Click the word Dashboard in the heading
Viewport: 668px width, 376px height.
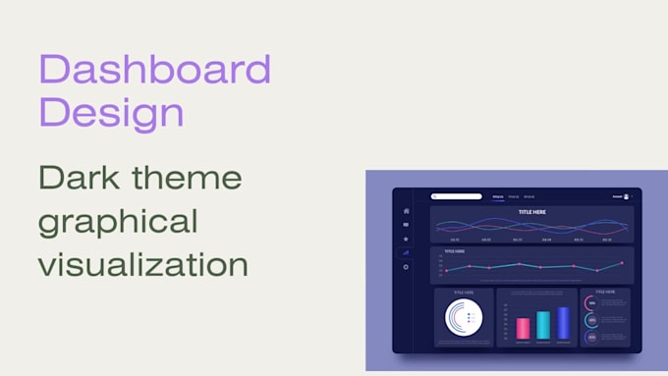coord(154,70)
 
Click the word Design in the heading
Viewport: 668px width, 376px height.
coord(111,112)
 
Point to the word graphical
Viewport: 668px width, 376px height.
coord(118,221)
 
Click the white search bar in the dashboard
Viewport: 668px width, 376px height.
coord(457,196)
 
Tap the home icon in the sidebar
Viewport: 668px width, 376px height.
coord(406,211)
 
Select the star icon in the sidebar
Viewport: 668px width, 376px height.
coord(406,239)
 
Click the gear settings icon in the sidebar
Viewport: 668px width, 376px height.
coord(406,267)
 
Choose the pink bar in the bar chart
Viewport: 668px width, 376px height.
coord(524,329)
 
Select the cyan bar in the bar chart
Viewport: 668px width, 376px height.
coord(543,325)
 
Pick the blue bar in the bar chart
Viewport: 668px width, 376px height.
coord(563,323)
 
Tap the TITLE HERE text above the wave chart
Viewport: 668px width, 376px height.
coord(532,211)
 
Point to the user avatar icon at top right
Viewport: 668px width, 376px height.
coord(627,196)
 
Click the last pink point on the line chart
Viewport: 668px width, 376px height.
coord(621,263)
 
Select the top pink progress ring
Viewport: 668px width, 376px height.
coord(589,302)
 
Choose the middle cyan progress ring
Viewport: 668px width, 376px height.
coord(589,320)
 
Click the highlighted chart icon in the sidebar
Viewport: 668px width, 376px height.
coord(406,252)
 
